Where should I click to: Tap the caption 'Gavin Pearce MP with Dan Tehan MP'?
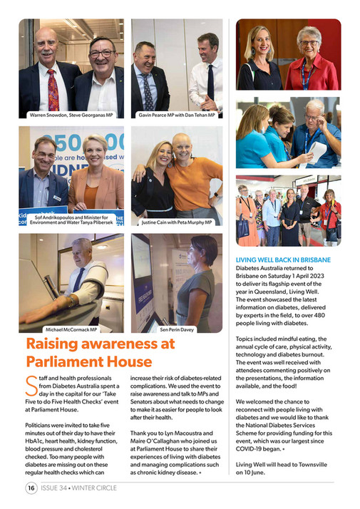point(176,114)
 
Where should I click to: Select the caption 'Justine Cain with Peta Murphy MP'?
point(176,222)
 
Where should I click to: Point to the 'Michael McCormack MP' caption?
point(71,330)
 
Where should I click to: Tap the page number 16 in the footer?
point(31,488)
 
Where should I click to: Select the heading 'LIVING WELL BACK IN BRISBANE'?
point(282,261)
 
